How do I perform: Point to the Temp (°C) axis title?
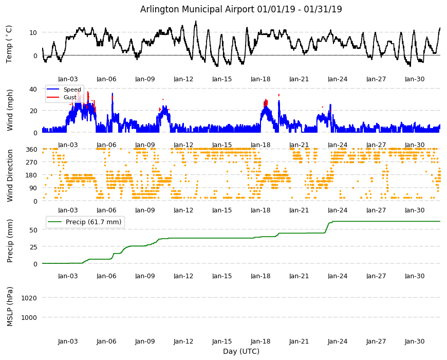[9, 44]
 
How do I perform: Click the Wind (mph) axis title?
[10, 110]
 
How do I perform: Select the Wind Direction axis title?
[10, 175]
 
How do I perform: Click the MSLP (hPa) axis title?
[10, 307]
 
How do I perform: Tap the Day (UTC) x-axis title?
[241, 351]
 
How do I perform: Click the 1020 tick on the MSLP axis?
[29, 298]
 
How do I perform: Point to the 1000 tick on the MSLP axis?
[29, 317]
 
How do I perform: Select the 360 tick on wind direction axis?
[31, 150]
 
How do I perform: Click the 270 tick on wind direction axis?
[31, 163]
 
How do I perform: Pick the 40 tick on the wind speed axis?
[33, 89]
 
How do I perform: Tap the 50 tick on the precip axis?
[33, 230]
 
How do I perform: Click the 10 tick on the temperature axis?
[33, 32]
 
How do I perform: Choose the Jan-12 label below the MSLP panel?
[183, 341]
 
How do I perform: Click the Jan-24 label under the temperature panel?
[338, 79]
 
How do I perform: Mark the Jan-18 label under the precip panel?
[260, 276]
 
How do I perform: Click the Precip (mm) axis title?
[10, 241]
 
